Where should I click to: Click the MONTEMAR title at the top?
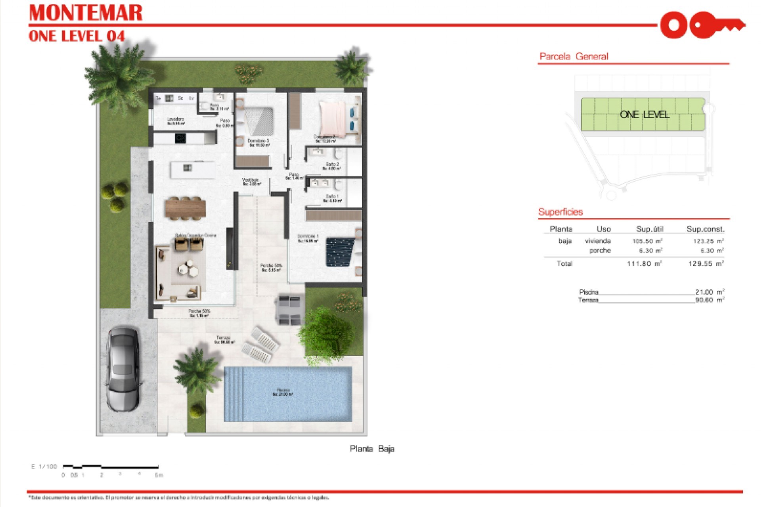(x=86, y=13)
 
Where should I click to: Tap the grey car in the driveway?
(x=123, y=368)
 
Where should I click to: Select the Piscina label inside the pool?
(x=283, y=392)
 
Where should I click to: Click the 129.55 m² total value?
(x=706, y=264)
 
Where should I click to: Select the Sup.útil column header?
(x=650, y=229)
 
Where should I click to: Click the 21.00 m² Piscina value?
(x=709, y=292)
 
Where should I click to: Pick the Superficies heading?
(x=560, y=212)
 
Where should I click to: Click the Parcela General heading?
(x=574, y=56)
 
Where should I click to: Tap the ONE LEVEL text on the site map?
(x=644, y=115)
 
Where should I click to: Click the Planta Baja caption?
(x=372, y=448)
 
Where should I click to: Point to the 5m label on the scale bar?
(x=159, y=475)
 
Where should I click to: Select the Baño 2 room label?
(x=332, y=166)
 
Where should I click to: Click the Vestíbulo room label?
(x=251, y=181)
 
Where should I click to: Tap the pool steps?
(x=234, y=394)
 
